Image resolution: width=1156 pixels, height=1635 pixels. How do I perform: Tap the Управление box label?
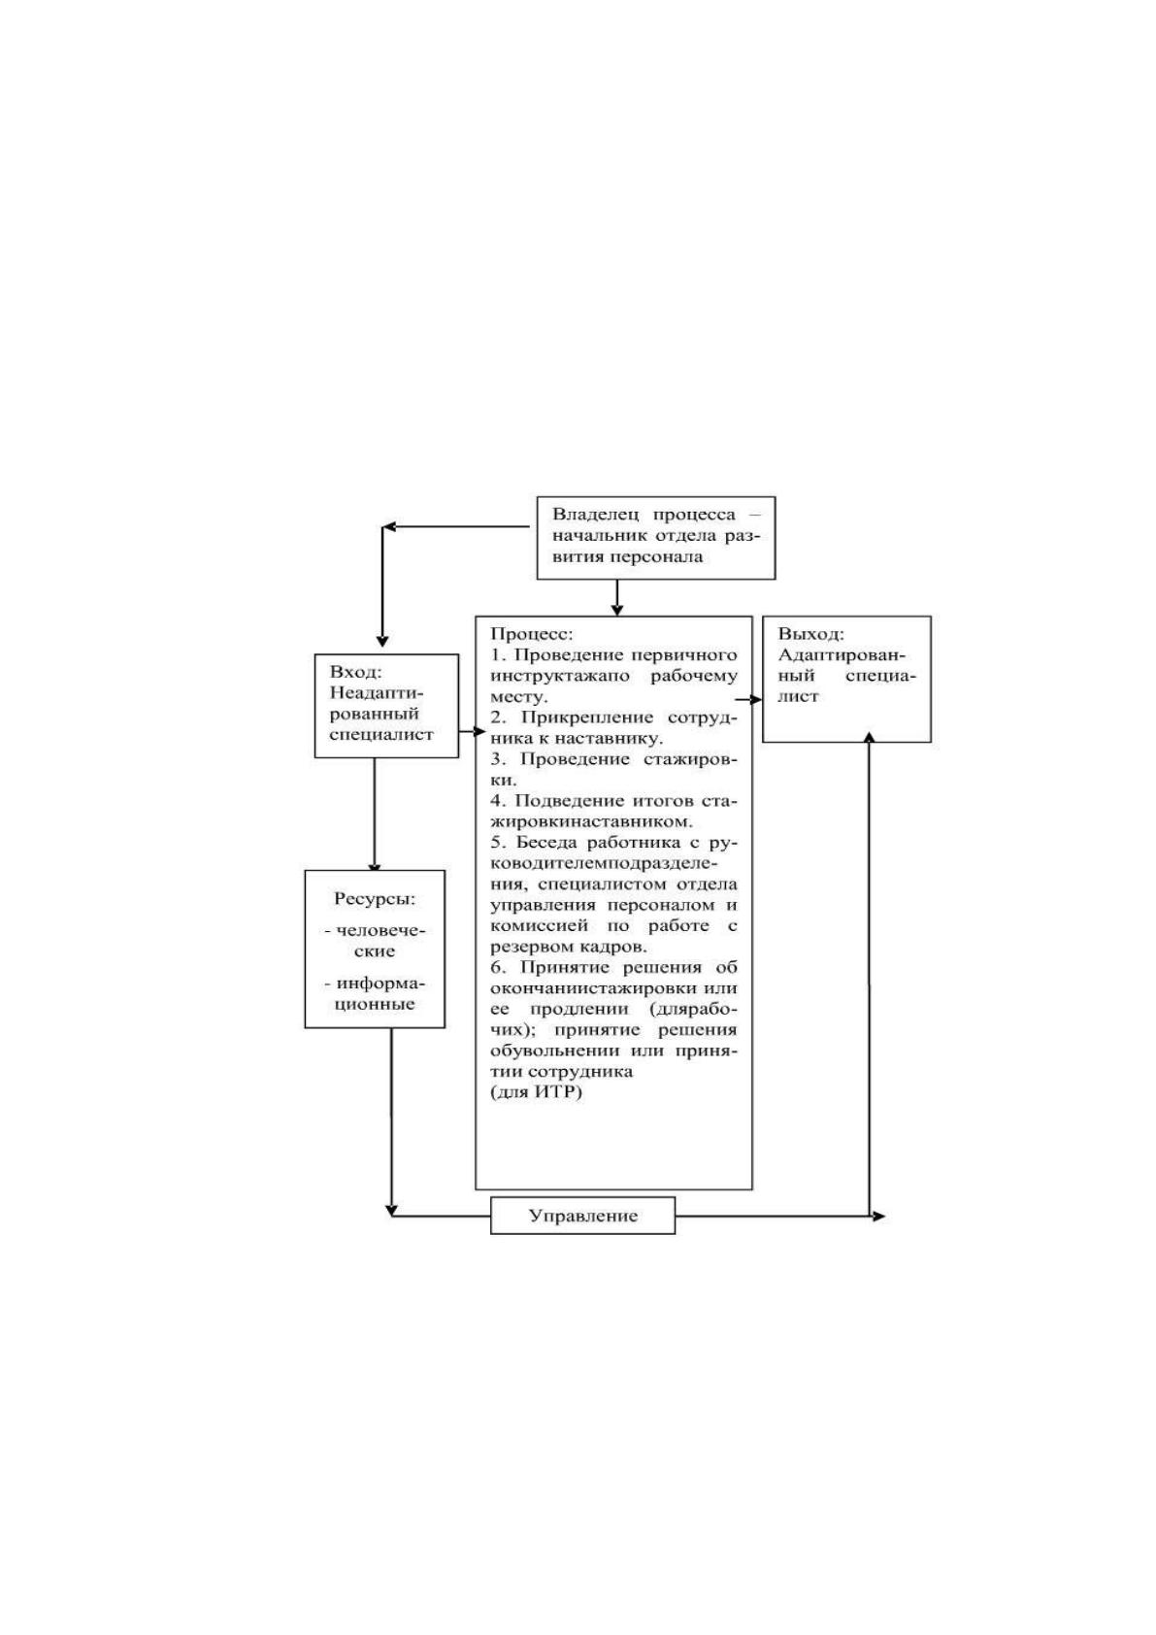(582, 1216)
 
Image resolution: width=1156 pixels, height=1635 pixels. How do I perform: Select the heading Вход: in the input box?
(355, 672)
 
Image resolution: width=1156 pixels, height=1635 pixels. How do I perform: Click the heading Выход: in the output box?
(810, 634)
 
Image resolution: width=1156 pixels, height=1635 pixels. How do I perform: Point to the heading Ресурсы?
(375, 899)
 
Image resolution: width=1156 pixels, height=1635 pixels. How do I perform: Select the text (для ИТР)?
(537, 1092)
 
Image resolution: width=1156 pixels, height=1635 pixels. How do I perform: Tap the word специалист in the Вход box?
(380, 735)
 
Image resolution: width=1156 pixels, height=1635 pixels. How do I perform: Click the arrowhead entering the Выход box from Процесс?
(756, 699)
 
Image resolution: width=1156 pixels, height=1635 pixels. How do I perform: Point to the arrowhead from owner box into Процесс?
(616, 610)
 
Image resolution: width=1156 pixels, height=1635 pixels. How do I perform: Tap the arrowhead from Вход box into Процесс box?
(479, 731)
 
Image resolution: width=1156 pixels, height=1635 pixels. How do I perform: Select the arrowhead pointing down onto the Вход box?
(381, 640)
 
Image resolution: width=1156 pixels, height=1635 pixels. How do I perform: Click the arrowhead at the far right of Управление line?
(878, 1216)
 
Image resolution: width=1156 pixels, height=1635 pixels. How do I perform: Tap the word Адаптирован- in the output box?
(842, 654)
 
